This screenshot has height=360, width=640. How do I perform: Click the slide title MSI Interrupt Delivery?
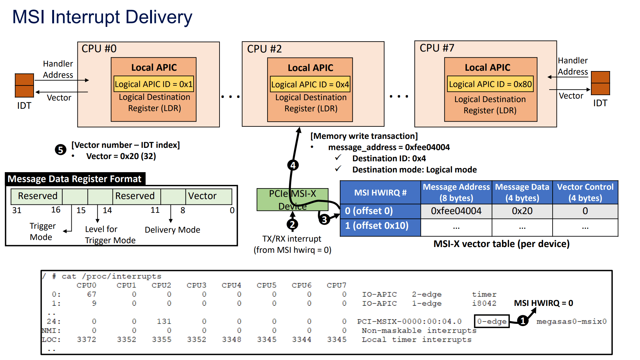pyautogui.click(x=102, y=17)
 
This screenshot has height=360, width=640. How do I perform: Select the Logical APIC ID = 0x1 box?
pyautogui.click(x=154, y=84)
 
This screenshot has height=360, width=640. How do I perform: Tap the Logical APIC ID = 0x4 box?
pyautogui.click(x=310, y=84)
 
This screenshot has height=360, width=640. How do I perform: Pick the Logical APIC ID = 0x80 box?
pyautogui.click(x=490, y=84)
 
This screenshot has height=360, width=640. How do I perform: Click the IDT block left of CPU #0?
pyautogui.click(x=24, y=85)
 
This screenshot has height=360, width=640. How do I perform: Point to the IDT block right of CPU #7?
pyautogui.click(x=600, y=83)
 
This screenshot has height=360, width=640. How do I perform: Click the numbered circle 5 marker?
pyautogui.click(x=60, y=150)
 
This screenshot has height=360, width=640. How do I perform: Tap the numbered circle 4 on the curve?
pyautogui.click(x=293, y=165)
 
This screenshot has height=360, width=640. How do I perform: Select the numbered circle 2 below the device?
pyautogui.click(x=292, y=225)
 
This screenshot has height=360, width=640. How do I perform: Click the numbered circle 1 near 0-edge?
pyautogui.click(x=523, y=320)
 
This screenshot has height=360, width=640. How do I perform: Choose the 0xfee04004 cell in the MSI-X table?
pyautogui.click(x=456, y=211)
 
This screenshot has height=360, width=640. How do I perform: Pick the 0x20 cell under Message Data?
pyautogui.click(x=522, y=211)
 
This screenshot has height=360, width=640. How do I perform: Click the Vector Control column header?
pyautogui.click(x=585, y=192)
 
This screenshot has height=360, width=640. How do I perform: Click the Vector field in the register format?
pyautogui.click(x=209, y=196)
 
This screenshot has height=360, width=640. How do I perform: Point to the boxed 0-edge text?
pyautogui.click(x=492, y=321)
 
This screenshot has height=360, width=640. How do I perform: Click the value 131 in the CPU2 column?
pyautogui.click(x=164, y=321)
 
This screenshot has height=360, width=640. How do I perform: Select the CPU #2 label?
pyautogui.click(x=264, y=49)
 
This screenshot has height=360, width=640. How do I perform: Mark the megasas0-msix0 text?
pyautogui.click(x=572, y=321)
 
